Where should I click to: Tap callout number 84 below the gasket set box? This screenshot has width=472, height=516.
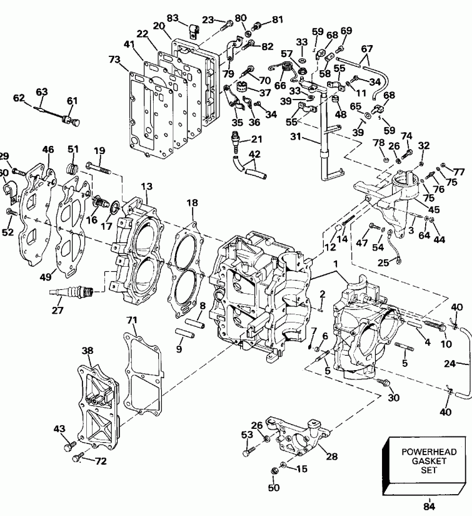[428, 507]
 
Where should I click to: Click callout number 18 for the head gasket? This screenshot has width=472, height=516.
[192, 202]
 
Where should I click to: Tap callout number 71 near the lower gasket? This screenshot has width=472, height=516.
[131, 320]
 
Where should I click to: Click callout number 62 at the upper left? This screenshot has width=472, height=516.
[19, 97]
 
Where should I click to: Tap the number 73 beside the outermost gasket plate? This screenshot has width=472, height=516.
[114, 59]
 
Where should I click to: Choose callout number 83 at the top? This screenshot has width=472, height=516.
[173, 18]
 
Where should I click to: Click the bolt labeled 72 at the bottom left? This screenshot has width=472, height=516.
[78, 459]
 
